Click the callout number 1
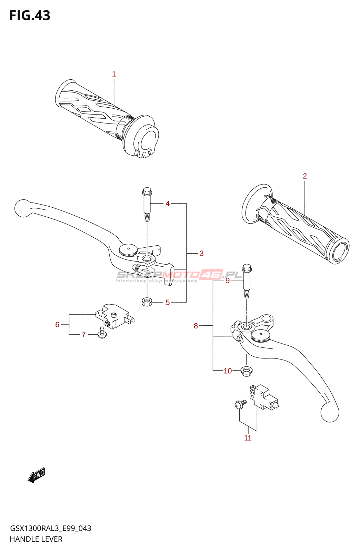tap(114, 74)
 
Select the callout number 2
tap(305, 176)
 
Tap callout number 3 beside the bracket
tap(202, 253)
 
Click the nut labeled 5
tap(147, 302)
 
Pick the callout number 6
tap(57, 325)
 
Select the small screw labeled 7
tap(102, 333)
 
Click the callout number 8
tap(196, 326)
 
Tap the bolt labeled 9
tap(247, 281)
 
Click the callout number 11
tap(248, 438)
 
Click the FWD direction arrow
tap(36, 474)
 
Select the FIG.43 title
tap(30, 16)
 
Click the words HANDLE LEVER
tap(36, 539)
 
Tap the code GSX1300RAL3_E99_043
tap(50, 528)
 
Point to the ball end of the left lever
tap(23, 208)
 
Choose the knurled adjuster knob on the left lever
tap(128, 250)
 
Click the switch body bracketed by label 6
tap(114, 316)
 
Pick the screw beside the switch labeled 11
tap(240, 404)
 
